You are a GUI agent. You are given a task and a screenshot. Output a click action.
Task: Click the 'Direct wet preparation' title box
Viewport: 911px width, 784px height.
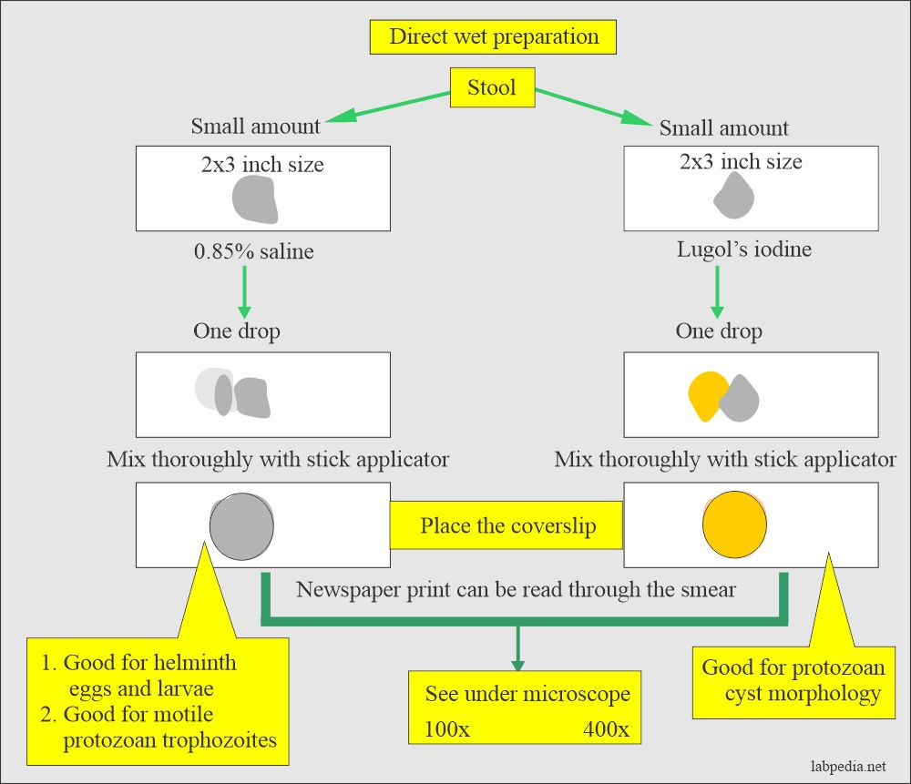point(493,37)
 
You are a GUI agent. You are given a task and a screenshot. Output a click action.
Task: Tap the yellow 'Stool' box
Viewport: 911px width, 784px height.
point(492,87)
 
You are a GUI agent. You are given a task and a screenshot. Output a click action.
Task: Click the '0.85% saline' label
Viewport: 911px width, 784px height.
point(252,251)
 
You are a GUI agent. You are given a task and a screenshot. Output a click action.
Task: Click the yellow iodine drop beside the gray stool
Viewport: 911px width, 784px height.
point(704,394)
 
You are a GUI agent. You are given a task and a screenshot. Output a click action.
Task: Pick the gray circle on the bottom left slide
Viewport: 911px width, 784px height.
point(241,526)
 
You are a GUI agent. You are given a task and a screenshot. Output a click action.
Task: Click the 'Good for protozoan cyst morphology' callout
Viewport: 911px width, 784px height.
point(793,680)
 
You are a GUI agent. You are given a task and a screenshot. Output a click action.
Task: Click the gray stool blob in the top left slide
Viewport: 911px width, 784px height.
point(254,199)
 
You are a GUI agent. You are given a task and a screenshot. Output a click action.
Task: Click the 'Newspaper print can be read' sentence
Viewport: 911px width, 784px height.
point(516,589)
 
